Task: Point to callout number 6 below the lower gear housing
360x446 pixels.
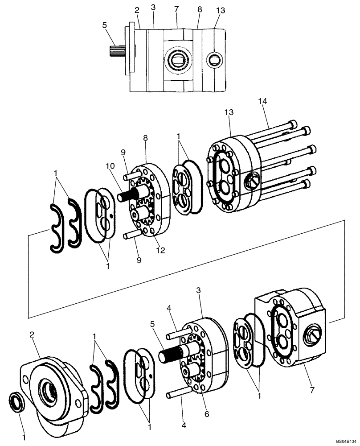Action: (x=206, y=413)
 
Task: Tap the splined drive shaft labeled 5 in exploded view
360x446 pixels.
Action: (x=172, y=355)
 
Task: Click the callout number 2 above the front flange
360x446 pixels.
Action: (x=33, y=334)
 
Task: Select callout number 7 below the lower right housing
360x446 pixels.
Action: (x=311, y=390)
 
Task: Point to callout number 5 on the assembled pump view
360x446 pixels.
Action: (x=104, y=25)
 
